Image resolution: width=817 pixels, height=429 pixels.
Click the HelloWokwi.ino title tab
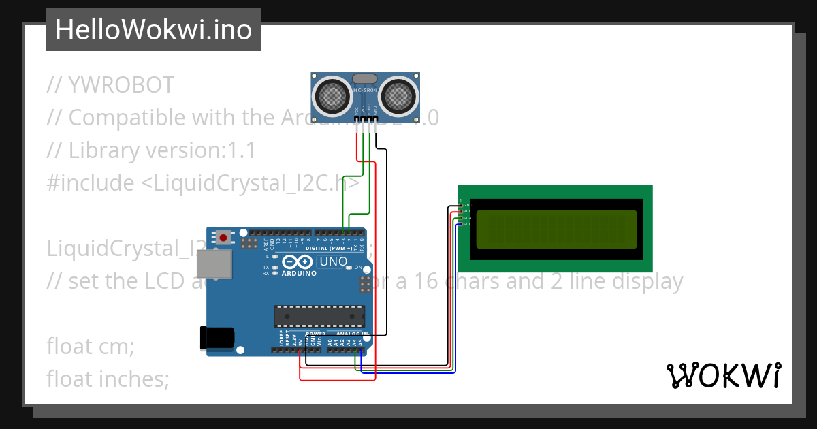coord(153,30)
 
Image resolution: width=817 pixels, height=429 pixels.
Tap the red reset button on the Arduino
coord(223,238)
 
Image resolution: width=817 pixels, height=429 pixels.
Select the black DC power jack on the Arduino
coord(217,338)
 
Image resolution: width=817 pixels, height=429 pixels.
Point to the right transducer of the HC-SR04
coord(398,95)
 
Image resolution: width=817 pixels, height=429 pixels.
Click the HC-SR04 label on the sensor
coord(365,91)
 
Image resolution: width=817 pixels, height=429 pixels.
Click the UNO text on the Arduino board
coord(334,261)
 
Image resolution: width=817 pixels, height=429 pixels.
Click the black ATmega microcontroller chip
coord(319,316)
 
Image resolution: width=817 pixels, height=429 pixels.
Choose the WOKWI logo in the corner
coord(723,375)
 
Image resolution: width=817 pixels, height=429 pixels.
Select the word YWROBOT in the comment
coord(121,85)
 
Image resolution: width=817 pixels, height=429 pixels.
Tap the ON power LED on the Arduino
coord(349,268)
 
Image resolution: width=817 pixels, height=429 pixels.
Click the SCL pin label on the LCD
coord(467,224)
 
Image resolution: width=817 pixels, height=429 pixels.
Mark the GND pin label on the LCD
coord(468,205)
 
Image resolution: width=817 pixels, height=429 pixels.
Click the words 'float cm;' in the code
coord(91,346)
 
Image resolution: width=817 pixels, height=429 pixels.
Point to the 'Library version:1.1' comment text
coord(162,150)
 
